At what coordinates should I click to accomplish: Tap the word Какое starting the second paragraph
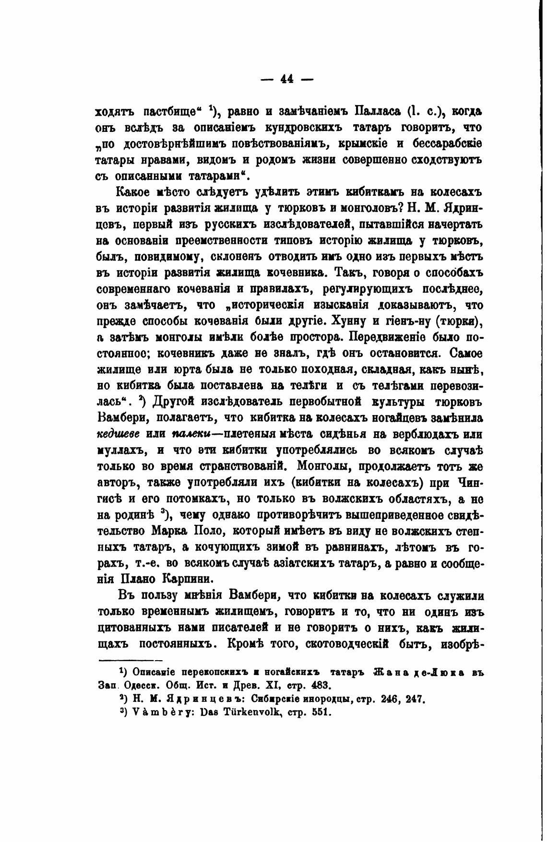pos(135,192)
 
